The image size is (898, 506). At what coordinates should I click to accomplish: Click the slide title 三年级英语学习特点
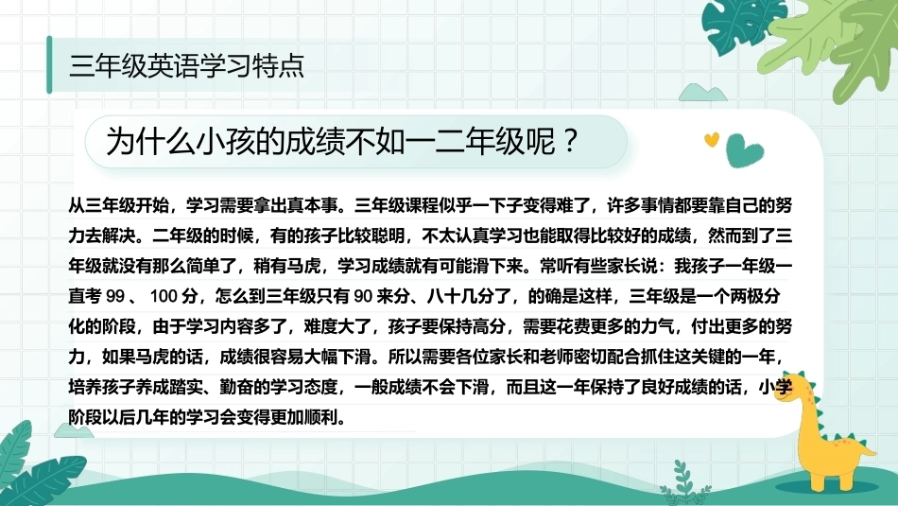186,65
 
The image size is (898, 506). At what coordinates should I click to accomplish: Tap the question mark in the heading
569,140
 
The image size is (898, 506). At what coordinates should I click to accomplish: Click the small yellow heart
711,139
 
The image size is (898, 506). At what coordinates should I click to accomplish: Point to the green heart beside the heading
743,150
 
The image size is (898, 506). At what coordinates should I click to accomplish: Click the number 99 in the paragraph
115,296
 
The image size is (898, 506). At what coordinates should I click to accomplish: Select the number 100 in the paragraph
164,296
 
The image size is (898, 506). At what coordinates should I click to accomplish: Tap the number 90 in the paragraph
363,296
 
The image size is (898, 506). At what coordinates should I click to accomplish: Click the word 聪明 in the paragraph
389,236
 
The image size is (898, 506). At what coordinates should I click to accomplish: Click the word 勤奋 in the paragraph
236,388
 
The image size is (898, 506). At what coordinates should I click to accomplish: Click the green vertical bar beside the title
49,64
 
